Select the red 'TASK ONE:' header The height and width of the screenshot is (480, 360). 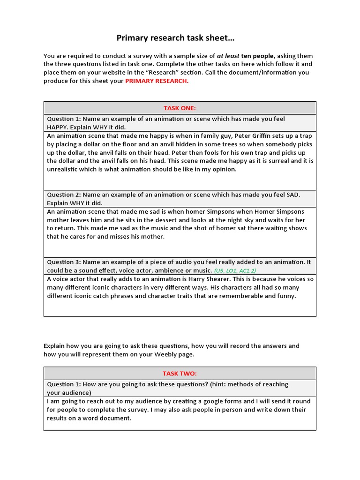pyautogui.click(x=180, y=108)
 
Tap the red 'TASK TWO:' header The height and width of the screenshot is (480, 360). pyautogui.click(x=180, y=374)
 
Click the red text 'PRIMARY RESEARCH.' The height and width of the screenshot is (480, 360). pyautogui.click(x=157, y=81)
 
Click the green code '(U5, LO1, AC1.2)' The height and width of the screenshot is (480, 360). pyautogui.click(x=235, y=271)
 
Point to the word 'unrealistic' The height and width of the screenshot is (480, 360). pyautogui.click(x=64, y=170)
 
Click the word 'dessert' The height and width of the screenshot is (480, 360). pyautogui.click(x=140, y=220)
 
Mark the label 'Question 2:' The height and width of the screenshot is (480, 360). pyautogui.click(x=64, y=195)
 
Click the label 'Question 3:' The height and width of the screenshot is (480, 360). pyautogui.click(x=64, y=262)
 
